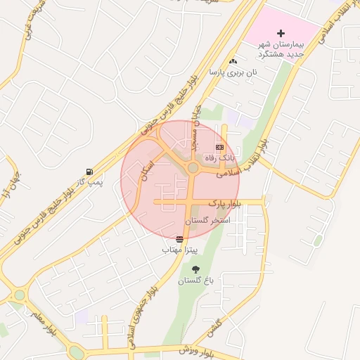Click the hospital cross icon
pyautogui.click(x=281, y=33)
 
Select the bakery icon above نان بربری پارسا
pyautogui.click(x=233, y=62)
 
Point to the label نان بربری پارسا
pyautogui.click(x=233, y=72)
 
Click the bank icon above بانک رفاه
pyautogui.click(x=219, y=147)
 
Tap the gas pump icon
pyautogui.click(x=89, y=172)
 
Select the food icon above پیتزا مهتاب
pyautogui.click(x=181, y=239)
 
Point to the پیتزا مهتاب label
pyautogui.click(x=181, y=250)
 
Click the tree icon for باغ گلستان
pyautogui.click(x=195, y=270)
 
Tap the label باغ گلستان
pyautogui.click(x=195, y=281)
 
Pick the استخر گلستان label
pyautogui.click(x=207, y=221)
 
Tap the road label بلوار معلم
pyautogui.click(x=41, y=320)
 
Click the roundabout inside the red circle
pyautogui.click(x=193, y=167)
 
